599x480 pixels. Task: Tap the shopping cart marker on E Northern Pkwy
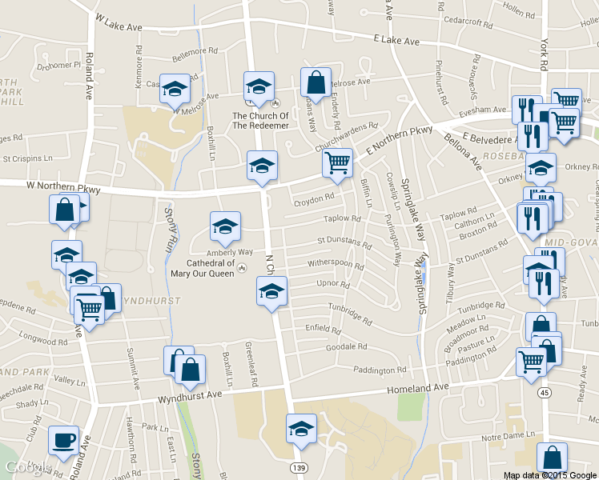pyautogui.click(x=338, y=162)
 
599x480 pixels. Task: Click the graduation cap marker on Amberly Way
pyautogui.click(x=225, y=226)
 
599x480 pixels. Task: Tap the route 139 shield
pyautogui.click(x=299, y=466)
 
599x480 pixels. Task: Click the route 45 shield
pyautogui.click(x=545, y=393)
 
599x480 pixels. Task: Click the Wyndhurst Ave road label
pyautogui.click(x=189, y=396)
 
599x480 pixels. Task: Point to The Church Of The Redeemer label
pyautogui.click(x=260, y=120)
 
